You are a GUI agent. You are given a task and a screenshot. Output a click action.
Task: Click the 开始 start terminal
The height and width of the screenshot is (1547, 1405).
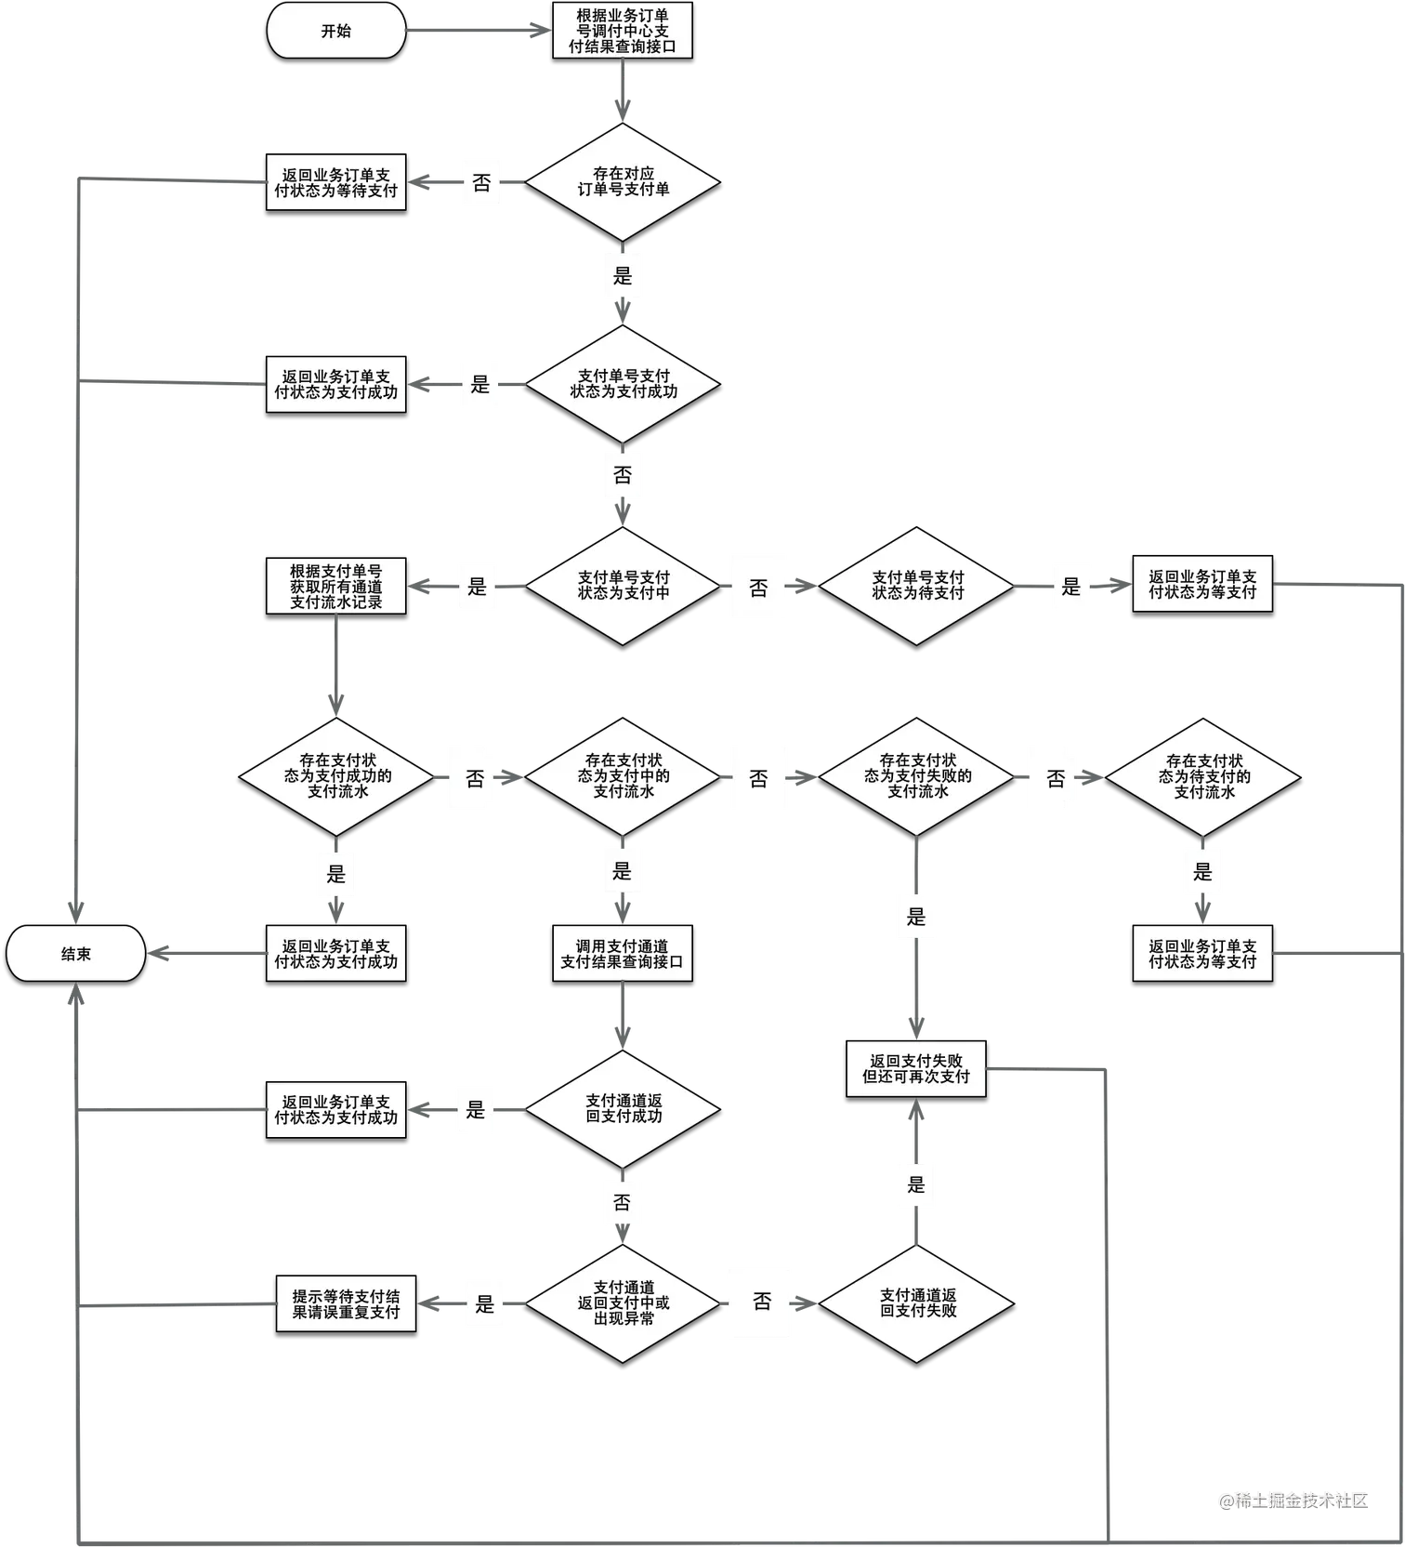pyautogui.click(x=336, y=31)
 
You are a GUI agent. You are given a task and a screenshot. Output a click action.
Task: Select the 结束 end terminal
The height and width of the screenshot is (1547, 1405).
pyautogui.click(x=76, y=954)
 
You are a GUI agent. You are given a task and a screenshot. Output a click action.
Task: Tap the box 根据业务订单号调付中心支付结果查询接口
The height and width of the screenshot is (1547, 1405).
pyautogui.click(x=622, y=31)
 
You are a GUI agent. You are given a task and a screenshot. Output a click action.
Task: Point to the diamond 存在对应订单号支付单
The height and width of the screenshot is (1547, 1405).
pyautogui.click(x=623, y=181)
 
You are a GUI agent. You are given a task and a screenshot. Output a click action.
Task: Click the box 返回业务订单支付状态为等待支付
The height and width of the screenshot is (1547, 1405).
pyautogui.click(x=335, y=182)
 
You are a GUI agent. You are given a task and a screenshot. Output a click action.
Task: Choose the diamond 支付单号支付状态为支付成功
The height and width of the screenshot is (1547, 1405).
pyautogui.click(x=623, y=384)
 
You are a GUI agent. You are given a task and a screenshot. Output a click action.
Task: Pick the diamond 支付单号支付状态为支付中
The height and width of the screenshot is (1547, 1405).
pyautogui.click(x=623, y=586)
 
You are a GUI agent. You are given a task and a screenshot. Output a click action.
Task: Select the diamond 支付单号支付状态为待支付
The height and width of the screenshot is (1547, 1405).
pyautogui.click(x=916, y=586)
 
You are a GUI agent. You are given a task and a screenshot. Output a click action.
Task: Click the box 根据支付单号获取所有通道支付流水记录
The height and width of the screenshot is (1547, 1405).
pyautogui.click(x=335, y=587)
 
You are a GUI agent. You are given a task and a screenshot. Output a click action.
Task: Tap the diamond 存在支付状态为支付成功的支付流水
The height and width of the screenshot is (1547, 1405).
pyautogui.click(x=336, y=776)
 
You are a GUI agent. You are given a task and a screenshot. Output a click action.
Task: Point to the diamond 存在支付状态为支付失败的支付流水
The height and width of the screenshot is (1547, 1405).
pyautogui.click(x=916, y=776)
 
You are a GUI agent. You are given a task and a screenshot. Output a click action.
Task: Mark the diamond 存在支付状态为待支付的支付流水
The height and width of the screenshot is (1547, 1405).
pyautogui.click(x=1203, y=776)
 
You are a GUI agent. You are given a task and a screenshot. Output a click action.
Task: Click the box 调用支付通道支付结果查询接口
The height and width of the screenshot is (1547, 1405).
pyautogui.click(x=622, y=954)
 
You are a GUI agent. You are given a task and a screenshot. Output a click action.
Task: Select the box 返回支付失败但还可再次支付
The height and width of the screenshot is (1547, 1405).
pyautogui.click(x=915, y=1069)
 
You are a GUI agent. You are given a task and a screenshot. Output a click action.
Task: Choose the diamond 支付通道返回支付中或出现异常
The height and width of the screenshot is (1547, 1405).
pyautogui.click(x=623, y=1303)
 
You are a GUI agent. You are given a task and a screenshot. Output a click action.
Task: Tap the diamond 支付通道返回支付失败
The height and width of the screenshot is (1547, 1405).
pyautogui.click(x=916, y=1303)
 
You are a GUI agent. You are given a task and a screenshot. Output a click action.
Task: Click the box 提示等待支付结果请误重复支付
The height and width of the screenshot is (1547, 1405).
pyautogui.click(x=346, y=1304)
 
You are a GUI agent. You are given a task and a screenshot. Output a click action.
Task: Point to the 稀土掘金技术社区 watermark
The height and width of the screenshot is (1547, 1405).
pyautogui.click(x=1293, y=1500)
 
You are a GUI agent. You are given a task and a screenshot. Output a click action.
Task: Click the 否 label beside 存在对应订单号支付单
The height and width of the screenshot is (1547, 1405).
pyautogui.click(x=481, y=183)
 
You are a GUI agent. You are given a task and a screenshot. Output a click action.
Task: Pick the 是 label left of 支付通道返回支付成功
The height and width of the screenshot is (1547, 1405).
pyautogui.click(x=476, y=1110)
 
